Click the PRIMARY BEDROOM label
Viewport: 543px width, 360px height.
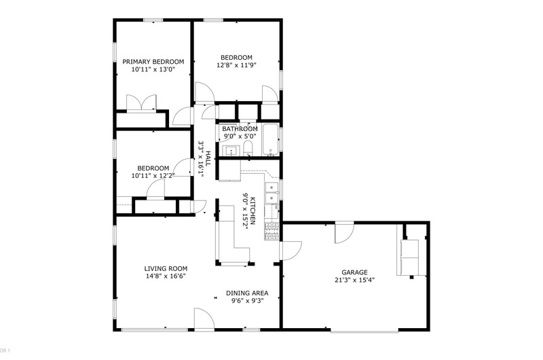pyautogui.click(x=153, y=62)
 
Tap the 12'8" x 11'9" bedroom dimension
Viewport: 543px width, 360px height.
pyautogui.click(x=236, y=65)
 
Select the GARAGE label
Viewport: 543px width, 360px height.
pyautogui.click(x=354, y=272)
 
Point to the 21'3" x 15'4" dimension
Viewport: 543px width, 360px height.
pyautogui.click(x=354, y=281)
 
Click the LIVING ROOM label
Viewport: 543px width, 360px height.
pyautogui.click(x=166, y=268)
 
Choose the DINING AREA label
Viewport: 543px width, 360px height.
pyautogui.click(x=247, y=293)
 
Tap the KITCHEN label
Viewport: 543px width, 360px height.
pyautogui.click(x=252, y=211)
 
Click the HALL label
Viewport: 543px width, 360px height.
pyautogui.click(x=208, y=158)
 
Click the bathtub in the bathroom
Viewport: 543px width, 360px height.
pyautogui.click(x=270, y=140)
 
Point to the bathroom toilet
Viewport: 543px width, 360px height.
pyautogui.click(x=248, y=148)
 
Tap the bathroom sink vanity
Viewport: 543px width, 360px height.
pyautogui.click(x=231, y=151)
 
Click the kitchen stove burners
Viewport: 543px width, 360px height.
pyautogui.click(x=272, y=232)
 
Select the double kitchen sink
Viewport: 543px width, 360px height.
pyautogui.click(x=272, y=193)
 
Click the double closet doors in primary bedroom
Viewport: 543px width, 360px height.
pyautogui.click(x=141, y=103)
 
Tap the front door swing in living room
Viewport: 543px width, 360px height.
pyautogui.click(x=204, y=319)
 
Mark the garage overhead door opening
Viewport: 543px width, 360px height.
pyautogui.click(x=364, y=331)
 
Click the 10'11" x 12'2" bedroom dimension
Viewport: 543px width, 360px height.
pyautogui.click(x=153, y=176)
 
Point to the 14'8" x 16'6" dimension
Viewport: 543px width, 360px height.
pyautogui.click(x=166, y=276)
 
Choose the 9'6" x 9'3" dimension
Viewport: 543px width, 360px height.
pyautogui.click(x=248, y=301)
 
